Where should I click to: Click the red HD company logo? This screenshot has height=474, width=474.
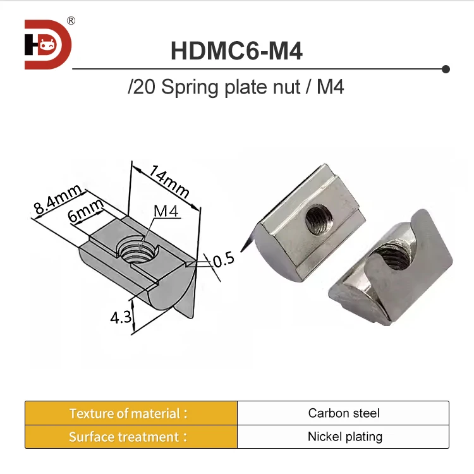(x=47, y=45)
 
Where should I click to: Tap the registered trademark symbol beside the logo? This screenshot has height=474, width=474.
(x=71, y=20)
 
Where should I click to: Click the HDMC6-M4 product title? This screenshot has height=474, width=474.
(x=236, y=51)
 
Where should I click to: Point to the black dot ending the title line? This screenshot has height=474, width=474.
(x=446, y=68)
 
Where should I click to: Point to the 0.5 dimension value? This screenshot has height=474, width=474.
(x=224, y=259)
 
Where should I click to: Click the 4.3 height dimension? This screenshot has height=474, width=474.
(x=121, y=317)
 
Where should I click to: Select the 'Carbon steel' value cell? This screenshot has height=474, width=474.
(x=343, y=413)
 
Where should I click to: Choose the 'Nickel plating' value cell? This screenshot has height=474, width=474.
(x=343, y=437)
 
